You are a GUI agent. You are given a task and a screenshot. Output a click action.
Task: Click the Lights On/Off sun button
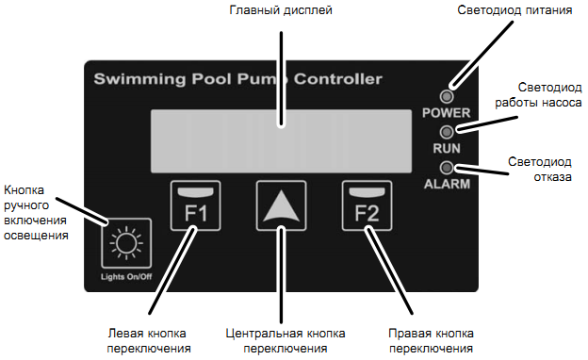[125, 244]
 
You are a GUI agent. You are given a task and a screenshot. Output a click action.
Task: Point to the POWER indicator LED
[447, 96]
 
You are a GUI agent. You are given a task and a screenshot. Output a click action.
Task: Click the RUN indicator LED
[447, 132]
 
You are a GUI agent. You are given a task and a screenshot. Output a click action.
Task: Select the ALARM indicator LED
[447, 168]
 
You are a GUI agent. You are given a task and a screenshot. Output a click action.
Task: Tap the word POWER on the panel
[447, 113]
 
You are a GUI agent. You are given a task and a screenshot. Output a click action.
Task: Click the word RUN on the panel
[447, 149]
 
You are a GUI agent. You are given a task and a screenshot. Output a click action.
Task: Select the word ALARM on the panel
[447, 185]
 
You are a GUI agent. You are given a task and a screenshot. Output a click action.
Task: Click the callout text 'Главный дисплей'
[282, 11]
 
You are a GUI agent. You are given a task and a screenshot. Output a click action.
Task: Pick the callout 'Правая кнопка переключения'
[431, 340]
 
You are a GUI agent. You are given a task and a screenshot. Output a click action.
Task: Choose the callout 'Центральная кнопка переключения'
[286, 340]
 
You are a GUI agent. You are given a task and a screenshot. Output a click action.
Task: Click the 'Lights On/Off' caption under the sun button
[126, 277]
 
